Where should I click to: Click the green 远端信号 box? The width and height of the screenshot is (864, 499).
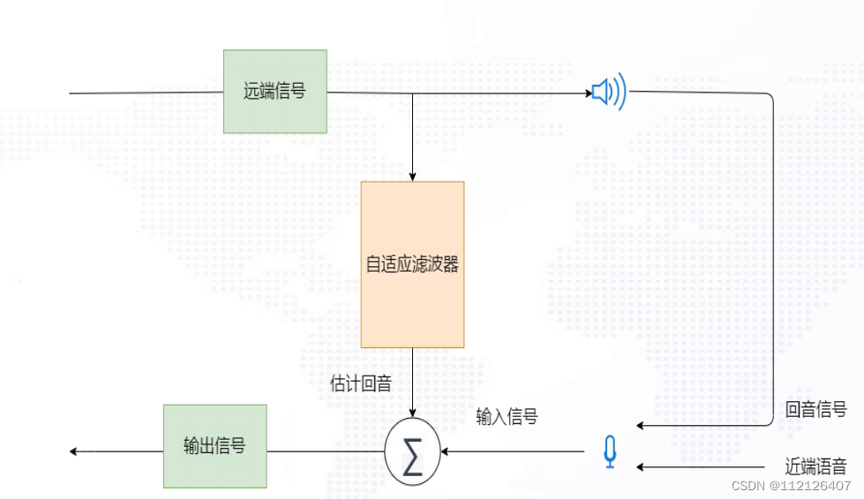(x=274, y=91)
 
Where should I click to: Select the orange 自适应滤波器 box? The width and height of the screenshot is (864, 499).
(x=412, y=264)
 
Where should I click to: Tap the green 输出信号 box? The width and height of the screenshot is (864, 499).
(x=214, y=446)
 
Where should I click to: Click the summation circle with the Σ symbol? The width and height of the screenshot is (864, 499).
(x=412, y=452)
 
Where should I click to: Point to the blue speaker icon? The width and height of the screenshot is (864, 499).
(x=609, y=91)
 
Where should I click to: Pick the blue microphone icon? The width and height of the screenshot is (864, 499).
(x=609, y=452)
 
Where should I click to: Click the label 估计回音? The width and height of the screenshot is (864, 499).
(x=360, y=384)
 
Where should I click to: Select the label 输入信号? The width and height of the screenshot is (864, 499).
(x=507, y=417)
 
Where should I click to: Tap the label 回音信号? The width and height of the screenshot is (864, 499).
(x=815, y=409)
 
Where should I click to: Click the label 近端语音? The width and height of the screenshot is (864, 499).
(x=815, y=466)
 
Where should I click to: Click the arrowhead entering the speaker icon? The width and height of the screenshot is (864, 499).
(x=588, y=92)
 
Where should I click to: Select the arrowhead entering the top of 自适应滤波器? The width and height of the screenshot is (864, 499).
(x=412, y=177)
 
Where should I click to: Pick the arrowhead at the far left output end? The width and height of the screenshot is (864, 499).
(x=74, y=451)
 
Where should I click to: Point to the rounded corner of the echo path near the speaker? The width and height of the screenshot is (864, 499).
(x=770, y=96)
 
